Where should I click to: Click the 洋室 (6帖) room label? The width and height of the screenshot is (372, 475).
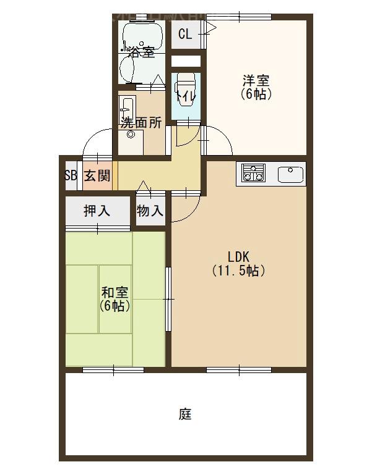(x=256, y=87)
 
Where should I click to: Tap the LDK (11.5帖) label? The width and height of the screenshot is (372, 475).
(x=238, y=263)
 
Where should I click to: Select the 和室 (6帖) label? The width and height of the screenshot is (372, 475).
(x=115, y=299)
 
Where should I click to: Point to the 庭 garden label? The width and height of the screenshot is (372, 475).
(x=185, y=414)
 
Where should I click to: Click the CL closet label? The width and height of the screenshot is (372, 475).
(x=185, y=34)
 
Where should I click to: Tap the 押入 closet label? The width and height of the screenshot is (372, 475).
(x=97, y=211)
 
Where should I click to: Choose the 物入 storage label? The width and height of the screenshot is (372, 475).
(x=150, y=211)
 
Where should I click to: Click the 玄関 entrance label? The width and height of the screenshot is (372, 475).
(x=97, y=175)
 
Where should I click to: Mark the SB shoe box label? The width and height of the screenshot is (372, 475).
(x=71, y=175)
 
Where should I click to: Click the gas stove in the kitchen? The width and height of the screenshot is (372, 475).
(x=253, y=173)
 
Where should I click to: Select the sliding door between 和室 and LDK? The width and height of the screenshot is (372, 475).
(x=168, y=300)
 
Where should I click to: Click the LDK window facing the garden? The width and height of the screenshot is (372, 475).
(x=239, y=370)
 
